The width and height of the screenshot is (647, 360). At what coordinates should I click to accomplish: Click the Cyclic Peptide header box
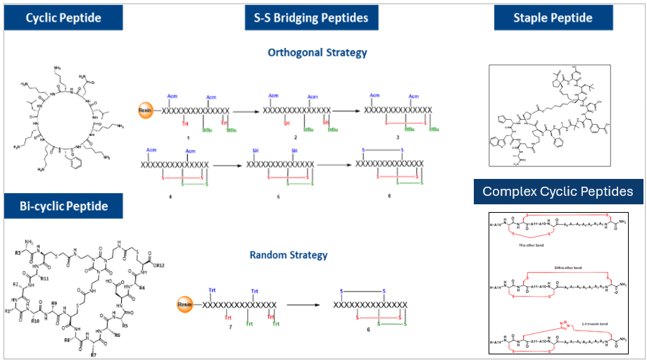[x=63, y=18]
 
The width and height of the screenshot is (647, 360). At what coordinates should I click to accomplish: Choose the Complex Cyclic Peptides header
[x=558, y=191]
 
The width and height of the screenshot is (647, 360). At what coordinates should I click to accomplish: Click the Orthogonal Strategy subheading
[x=317, y=53]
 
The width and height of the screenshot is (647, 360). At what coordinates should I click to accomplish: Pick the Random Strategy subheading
[x=288, y=255]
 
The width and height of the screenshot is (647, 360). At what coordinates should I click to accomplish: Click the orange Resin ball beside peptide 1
[x=145, y=111]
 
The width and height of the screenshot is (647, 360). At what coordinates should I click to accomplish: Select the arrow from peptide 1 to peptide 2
[x=246, y=111]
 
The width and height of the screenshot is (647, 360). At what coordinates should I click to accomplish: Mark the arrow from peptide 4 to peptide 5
[x=230, y=166]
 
